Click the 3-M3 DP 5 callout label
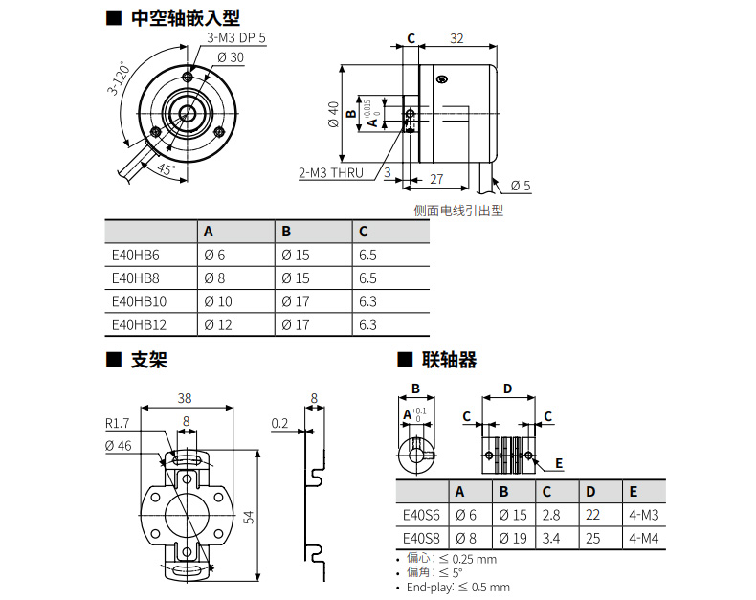click(236, 38)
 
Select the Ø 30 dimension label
click(231, 57)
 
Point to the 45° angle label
click(166, 168)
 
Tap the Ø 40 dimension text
click(334, 114)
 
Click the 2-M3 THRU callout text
click(331, 172)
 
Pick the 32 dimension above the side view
click(456, 38)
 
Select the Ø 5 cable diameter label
click(521, 186)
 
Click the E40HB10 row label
click(139, 301)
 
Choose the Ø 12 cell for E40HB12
click(218, 324)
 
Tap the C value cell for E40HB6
click(367, 256)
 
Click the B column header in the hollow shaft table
click(286, 232)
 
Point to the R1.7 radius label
click(117, 424)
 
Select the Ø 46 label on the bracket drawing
click(118, 446)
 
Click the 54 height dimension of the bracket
click(248, 518)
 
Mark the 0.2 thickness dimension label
click(279, 424)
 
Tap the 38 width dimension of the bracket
click(185, 398)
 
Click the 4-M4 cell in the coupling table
click(643, 538)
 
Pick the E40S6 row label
click(421, 515)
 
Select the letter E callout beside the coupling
click(559, 463)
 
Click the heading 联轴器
click(449, 360)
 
